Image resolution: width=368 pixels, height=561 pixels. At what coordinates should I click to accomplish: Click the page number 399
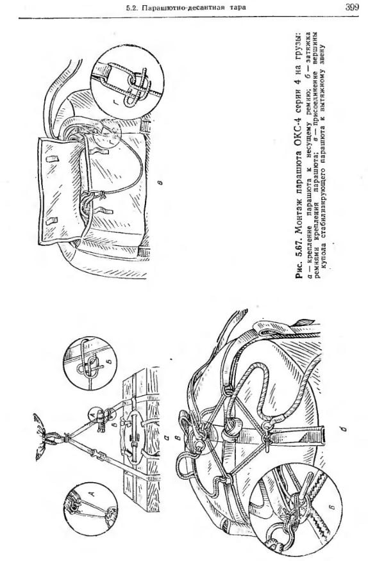tap(352, 7)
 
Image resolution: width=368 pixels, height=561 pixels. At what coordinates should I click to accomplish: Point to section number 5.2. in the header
tap(132, 8)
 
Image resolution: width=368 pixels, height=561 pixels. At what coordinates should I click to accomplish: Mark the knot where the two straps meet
tap(66, 437)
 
